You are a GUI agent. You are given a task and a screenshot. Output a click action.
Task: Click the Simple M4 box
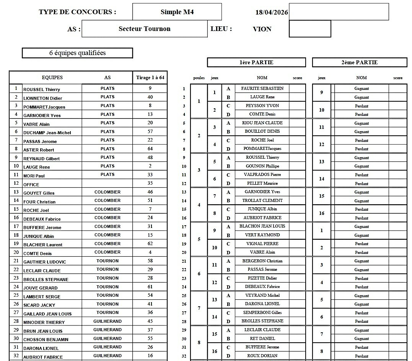tap(177, 12)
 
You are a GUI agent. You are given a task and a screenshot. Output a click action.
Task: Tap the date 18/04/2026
tap(271, 12)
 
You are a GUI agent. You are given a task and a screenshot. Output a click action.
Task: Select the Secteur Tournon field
tap(145, 29)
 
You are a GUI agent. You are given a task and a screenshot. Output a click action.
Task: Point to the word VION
tap(262, 29)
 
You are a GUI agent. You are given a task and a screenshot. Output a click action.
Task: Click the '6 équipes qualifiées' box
tap(77, 53)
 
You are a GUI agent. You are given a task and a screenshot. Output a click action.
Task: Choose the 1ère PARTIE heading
tap(256, 62)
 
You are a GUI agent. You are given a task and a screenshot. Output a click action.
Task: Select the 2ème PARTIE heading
tap(360, 62)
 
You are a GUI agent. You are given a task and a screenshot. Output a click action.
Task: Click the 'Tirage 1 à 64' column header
tap(150, 78)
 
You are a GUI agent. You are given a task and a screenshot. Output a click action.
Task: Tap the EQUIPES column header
tap(52, 78)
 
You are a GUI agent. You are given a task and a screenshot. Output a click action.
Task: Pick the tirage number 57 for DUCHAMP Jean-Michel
tap(150, 132)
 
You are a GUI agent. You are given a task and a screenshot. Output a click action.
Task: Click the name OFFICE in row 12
tap(31, 185)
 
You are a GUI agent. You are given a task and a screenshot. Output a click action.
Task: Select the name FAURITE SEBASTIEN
tap(262, 88)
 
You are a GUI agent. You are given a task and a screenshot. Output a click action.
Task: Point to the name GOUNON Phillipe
tap(262, 166)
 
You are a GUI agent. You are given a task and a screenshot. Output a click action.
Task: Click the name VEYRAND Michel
tap(262, 295)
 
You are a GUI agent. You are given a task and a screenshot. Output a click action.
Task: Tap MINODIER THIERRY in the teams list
tap(44, 322)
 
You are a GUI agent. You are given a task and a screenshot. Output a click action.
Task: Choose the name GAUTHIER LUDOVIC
tap(44, 262)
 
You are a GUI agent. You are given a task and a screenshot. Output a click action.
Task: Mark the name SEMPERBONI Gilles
tap(262, 312)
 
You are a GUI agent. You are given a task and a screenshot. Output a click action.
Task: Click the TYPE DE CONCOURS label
tap(77, 12)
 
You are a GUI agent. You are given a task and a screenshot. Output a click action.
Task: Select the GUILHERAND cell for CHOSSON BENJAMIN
tap(107, 338)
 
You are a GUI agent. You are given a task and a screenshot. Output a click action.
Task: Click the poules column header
tap(199, 78)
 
